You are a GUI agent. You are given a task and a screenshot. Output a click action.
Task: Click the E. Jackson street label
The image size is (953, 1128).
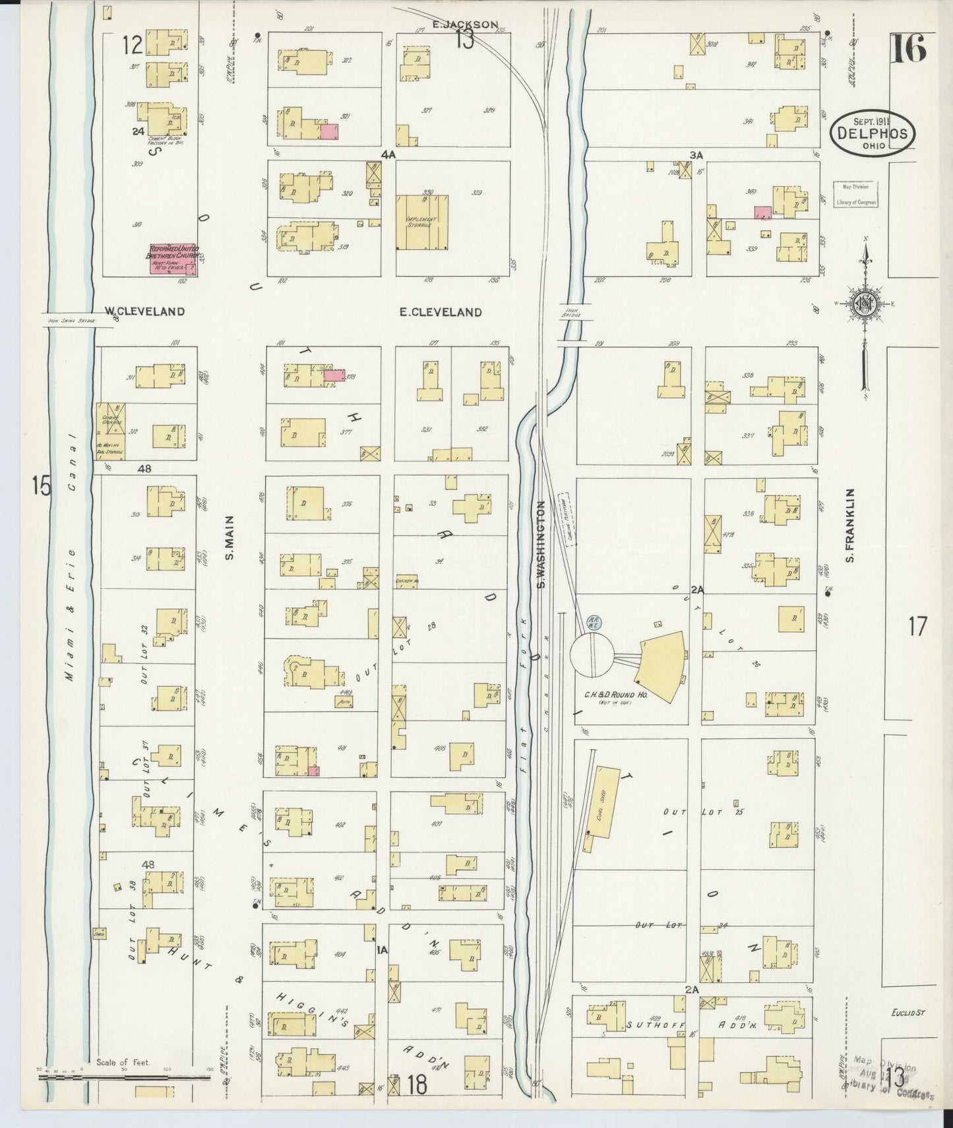pos(465,24)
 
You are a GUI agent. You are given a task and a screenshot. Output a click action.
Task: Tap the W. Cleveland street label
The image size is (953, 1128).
pos(144,311)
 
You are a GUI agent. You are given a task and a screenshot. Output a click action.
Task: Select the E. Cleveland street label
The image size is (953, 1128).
pos(441,312)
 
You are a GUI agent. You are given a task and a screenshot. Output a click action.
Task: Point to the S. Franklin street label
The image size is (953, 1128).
pos(851,525)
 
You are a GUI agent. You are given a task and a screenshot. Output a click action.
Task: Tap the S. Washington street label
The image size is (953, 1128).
pos(541,545)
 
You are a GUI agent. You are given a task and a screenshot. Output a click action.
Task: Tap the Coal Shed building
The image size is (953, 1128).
pos(600,802)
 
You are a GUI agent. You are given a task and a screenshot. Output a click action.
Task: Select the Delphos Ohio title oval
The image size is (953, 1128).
pos(871,133)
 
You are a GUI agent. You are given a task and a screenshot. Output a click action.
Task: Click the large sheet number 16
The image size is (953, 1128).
pos(908,47)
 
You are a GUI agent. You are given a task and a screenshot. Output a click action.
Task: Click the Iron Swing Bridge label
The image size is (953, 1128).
pos(70,321)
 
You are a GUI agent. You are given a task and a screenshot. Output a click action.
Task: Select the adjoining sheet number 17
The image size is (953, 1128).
pos(917,625)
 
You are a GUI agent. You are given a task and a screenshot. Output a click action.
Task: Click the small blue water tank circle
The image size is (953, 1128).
pos(592,622)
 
